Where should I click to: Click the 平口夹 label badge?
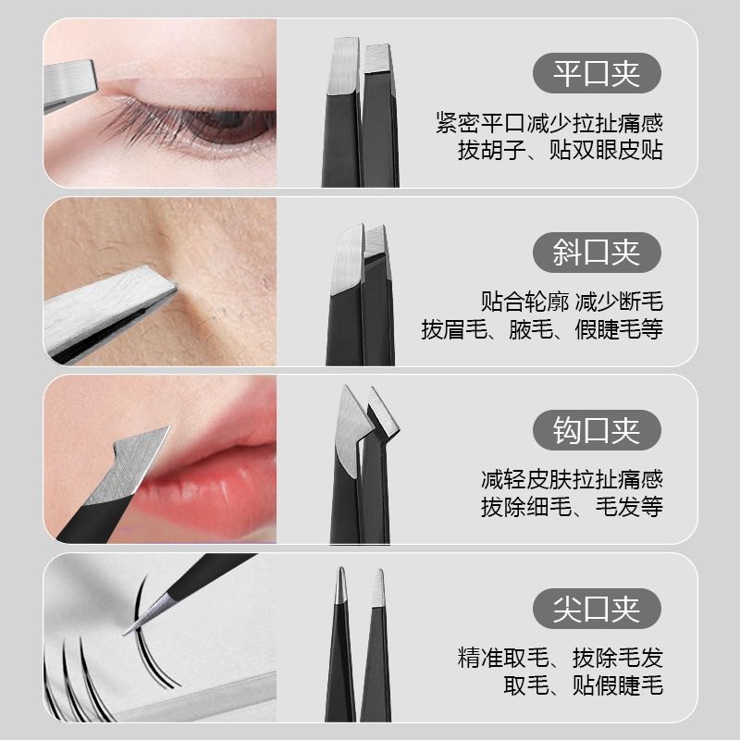597,73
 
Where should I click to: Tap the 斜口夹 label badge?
597,252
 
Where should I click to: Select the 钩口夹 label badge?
597,430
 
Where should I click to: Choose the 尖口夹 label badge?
597,609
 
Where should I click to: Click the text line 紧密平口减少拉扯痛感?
549,123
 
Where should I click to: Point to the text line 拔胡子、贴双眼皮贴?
561,150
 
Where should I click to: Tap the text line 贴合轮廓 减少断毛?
572,302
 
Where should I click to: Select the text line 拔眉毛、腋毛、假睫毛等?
542,329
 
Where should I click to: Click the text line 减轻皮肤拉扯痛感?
572,479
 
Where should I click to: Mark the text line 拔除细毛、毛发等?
572,507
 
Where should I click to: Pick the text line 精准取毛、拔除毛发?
561,658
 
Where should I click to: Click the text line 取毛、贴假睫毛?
583,685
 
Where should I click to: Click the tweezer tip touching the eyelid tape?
71,85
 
